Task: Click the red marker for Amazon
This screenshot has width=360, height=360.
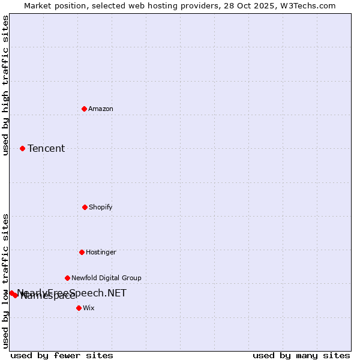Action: [x=84, y=109]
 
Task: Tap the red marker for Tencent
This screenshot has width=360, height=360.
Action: [x=22, y=148]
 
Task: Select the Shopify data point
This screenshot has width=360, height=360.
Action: [x=85, y=207]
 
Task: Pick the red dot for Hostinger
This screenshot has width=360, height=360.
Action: [x=82, y=252]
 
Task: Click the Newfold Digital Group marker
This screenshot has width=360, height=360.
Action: [x=67, y=278]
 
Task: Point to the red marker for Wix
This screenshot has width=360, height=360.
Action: [x=79, y=308]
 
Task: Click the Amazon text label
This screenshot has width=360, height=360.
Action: [x=101, y=109]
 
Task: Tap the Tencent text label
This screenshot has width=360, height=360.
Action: [x=46, y=148]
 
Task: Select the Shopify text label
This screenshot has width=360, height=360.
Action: [x=101, y=207]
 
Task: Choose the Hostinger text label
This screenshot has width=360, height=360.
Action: [x=101, y=252]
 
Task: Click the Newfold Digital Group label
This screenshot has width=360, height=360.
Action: [x=106, y=278]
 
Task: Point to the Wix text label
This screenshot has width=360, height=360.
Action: [x=89, y=308]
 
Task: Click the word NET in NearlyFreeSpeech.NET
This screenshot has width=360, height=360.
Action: [x=116, y=293]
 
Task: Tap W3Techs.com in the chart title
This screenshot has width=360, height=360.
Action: [x=307, y=5]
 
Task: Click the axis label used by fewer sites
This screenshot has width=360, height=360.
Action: [x=62, y=355]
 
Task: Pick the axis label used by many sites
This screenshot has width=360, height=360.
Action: [x=301, y=355]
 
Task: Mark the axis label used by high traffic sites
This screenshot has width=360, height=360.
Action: [x=5, y=85]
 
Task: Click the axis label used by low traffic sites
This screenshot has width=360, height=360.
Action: [x=5, y=281]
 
